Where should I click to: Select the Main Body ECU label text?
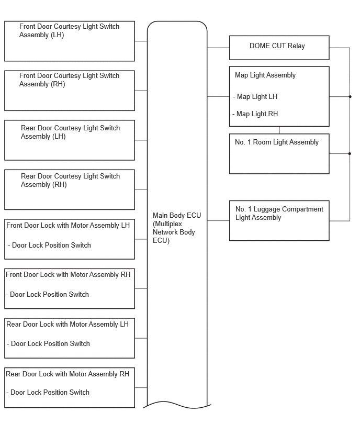pyautogui.click(x=177, y=228)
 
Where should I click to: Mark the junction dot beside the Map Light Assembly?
pyautogui.click(x=350, y=97)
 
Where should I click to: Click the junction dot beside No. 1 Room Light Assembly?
pyautogui.click(x=350, y=153)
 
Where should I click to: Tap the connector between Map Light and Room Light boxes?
pyautogui.click(x=279, y=130)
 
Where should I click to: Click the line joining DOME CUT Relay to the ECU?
pyautogui.click(x=218, y=48)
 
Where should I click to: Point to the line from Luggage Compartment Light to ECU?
pyautogui.click(x=218, y=220)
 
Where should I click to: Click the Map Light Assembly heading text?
pyautogui.click(x=265, y=75)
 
